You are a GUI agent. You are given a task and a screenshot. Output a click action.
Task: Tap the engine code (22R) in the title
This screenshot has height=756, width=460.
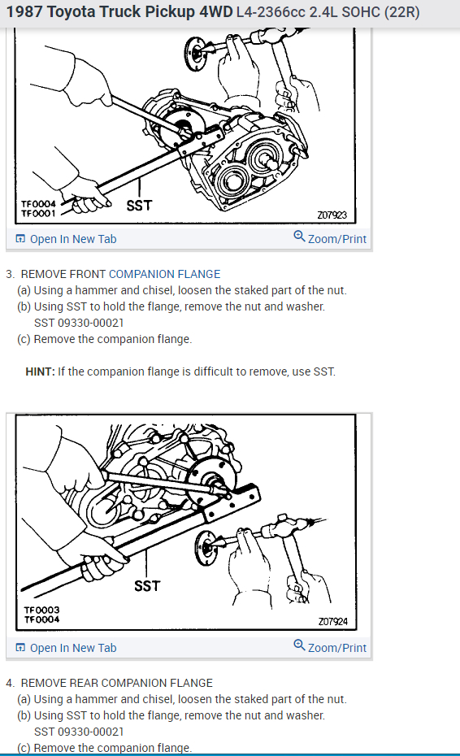click(400, 14)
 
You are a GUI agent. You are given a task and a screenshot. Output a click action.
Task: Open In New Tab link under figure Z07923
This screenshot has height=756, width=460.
click(72, 239)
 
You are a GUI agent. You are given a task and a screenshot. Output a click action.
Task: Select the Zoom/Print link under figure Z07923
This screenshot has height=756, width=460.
click(337, 239)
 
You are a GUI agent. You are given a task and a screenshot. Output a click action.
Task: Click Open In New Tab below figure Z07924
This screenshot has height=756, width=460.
click(72, 648)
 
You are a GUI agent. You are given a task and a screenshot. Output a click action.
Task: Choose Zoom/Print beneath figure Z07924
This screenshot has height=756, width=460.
click(337, 648)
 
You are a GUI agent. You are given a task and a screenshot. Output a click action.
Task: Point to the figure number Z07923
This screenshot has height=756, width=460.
click(332, 215)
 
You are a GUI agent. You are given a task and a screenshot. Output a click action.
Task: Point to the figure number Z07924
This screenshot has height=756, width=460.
click(332, 621)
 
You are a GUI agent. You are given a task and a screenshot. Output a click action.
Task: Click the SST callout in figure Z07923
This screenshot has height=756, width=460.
click(139, 206)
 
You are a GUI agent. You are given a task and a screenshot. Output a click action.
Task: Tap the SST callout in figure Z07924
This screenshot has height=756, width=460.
click(146, 585)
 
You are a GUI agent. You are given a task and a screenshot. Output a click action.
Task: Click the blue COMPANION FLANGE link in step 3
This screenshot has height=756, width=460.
click(164, 274)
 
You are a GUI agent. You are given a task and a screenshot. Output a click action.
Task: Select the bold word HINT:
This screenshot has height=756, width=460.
click(40, 371)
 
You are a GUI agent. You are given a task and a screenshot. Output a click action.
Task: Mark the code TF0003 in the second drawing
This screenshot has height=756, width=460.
click(41, 610)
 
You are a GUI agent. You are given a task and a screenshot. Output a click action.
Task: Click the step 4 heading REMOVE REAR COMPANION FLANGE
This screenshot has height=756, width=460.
click(116, 683)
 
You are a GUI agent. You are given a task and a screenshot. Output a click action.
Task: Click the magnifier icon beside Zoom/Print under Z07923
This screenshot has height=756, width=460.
click(299, 238)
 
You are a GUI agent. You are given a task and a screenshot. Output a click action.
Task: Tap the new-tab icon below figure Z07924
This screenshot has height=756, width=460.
click(20, 648)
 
